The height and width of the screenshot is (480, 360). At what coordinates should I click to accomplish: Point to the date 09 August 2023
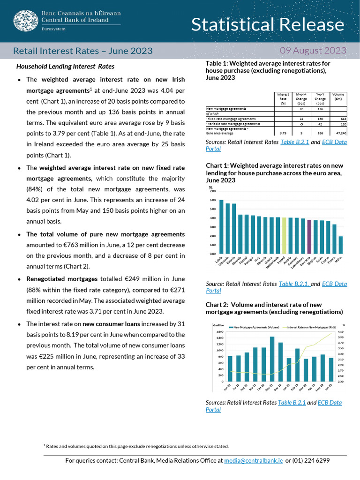coord(313,51)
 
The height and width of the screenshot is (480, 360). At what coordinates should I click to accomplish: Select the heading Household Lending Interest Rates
coord(65,67)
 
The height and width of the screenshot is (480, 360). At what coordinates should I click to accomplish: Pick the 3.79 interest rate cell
coord(283,133)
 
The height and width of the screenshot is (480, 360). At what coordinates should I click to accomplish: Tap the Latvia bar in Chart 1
coord(221,227)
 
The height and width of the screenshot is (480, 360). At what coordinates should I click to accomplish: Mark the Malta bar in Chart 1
coord(341,245)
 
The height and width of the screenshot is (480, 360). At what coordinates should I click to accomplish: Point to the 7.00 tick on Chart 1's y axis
coord(212,191)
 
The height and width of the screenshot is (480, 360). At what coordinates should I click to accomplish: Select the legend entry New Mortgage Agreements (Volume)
coord(255,327)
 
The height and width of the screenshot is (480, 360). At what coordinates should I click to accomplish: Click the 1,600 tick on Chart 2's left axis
coord(219,331)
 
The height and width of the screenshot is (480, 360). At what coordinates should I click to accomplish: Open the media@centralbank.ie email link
coord(254,461)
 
